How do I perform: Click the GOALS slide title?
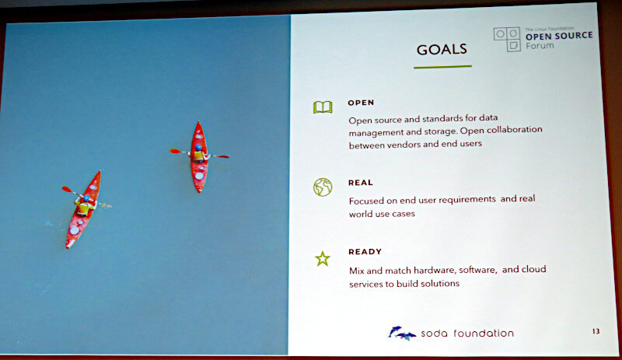point(442,50)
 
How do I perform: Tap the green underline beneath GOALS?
point(442,67)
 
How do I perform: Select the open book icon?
point(323,107)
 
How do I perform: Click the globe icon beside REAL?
point(323,187)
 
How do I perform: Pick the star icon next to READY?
point(323,259)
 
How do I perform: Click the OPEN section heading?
point(361,103)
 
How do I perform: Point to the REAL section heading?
point(361,183)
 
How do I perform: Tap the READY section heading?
point(365,252)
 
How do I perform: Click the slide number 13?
point(596,331)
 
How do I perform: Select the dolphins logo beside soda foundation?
point(402,333)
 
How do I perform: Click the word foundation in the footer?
point(484,333)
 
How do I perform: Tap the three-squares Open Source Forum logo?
point(507,39)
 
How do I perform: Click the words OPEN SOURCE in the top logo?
point(559,36)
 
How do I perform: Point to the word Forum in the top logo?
point(540,46)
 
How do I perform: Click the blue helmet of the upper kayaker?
point(198,148)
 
